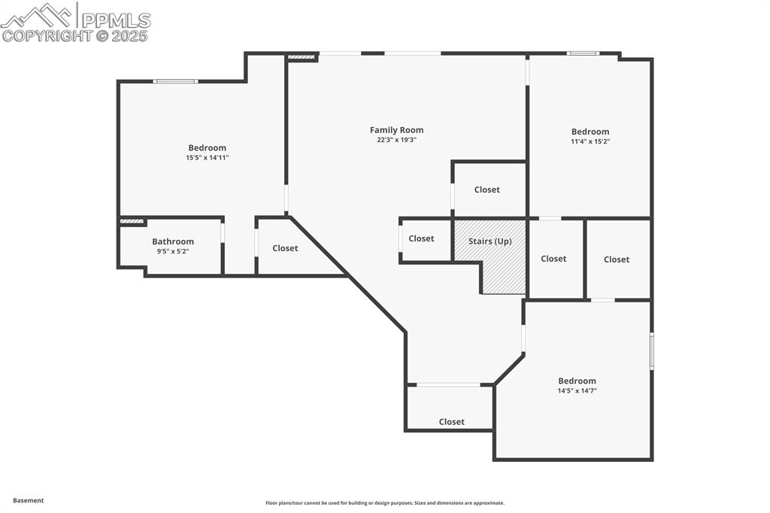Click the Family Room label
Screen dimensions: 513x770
point(396,130)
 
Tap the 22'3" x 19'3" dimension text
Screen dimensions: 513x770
point(396,140)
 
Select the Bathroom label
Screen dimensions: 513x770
point(173,241)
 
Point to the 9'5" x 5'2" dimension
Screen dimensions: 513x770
point(173,251)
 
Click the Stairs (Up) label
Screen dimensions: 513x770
point(490,241)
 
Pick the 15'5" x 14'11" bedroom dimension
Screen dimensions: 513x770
point(207,158)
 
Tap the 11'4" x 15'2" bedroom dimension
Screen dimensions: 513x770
point(590,141)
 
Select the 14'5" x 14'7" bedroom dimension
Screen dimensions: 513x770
point(577,391)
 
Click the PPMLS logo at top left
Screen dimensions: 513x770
point(75,21)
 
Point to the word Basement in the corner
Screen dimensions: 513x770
point(29,500)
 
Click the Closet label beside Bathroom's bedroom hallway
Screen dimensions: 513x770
point(285,248)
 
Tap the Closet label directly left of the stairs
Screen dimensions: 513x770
point(421,238)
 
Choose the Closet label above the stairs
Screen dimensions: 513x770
point(487,190)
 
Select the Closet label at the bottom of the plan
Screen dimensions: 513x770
point(451,422)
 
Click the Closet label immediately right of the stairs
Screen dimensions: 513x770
point(553,259)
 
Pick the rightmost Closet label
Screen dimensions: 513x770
point(616,260)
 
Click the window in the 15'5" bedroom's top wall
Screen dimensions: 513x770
point(175,81)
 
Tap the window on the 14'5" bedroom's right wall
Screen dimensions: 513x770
point(651,351)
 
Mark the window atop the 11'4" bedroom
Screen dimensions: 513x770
point(583,53)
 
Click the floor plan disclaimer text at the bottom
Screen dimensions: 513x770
point(384,503)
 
